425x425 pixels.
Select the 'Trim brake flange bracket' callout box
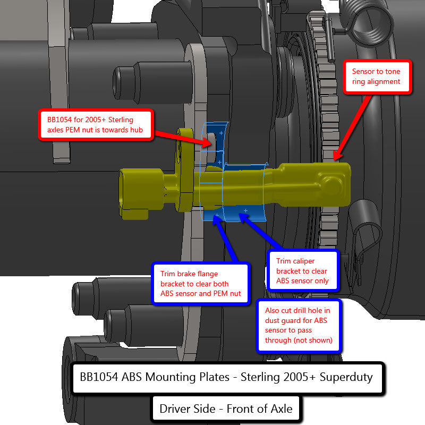pos(201,283)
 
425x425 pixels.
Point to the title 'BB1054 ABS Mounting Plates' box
pos(227,378)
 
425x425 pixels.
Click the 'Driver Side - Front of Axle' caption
pos(226,409)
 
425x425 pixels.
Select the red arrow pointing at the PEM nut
pos(189,137)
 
